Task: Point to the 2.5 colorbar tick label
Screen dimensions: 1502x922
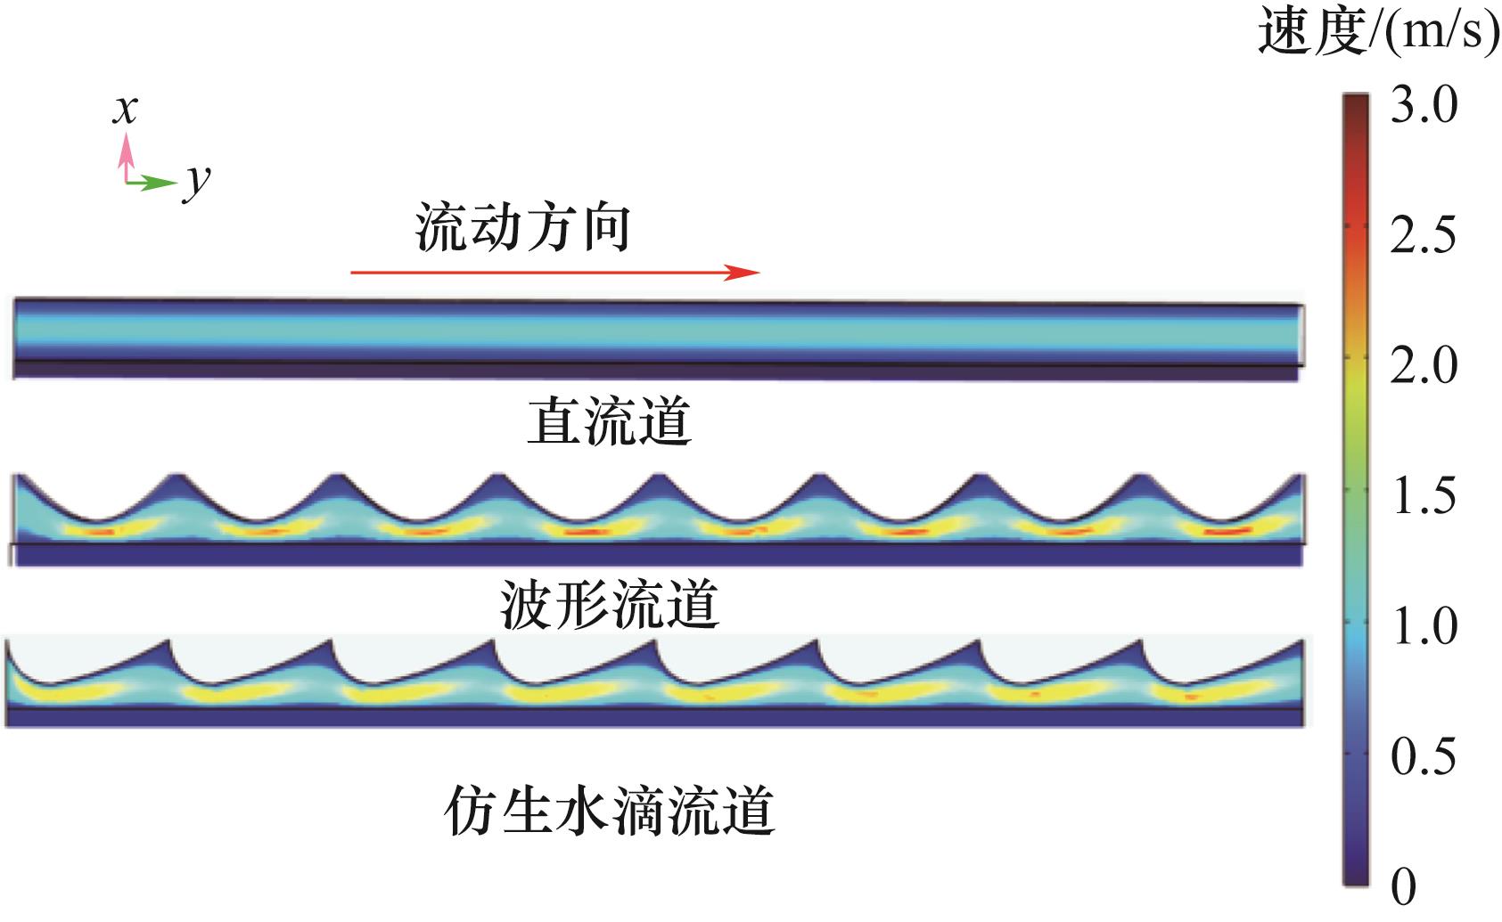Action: pyautogui.click(x=1423, y=235)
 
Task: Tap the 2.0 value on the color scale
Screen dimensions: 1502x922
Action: pyautogui.click(x=1424, y=365)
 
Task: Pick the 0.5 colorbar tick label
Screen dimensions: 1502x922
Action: pyautogui.click(x=1424, y=756)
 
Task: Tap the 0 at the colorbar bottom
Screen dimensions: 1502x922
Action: pyautogui.click(x=1403, y=886)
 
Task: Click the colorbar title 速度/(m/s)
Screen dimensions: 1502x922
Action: pyautogui.click(x=1379, y=31)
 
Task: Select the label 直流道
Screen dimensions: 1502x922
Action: pyautogui.click(x=609, y=420)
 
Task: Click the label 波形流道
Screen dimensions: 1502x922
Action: pyautogui.click(x=610, y=604)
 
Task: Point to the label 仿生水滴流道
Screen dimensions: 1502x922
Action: pyautogui.click(x=609, y=810)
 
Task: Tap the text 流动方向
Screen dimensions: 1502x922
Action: pyautogui.click(x=523, y=227)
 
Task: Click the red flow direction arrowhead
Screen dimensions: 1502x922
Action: pyautogui.click(x=742, y=272)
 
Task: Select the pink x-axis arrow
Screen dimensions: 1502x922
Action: pyautogui.click(x=126, y=157)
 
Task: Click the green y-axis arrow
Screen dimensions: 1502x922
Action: pyautogui.click(x=151, y=183)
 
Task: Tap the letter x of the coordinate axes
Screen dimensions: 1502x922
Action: pyautogui.click(x=126, y=110)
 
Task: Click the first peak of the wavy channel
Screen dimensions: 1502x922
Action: pyautogui.click(x=177, y=475)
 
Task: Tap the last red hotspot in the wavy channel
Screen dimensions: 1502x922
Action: pyautogui.click(x=1228, y=531)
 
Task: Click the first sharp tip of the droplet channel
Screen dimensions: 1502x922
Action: pyautogui.click(x=168, y=641)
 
